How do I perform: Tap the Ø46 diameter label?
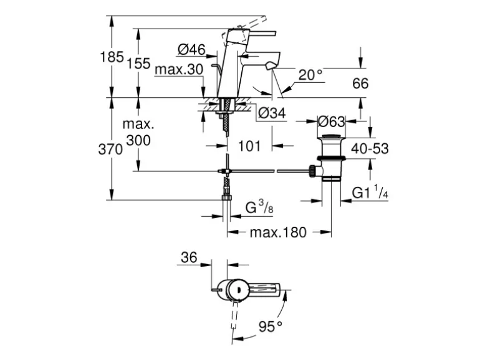191,49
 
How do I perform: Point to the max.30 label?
179,69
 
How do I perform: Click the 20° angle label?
310,75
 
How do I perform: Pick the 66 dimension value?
360,83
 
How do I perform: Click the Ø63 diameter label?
332,121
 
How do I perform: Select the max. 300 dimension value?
138,133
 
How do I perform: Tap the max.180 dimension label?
278,232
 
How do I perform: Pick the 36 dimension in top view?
189,257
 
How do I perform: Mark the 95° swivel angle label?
271,325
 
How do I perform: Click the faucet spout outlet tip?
270,66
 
